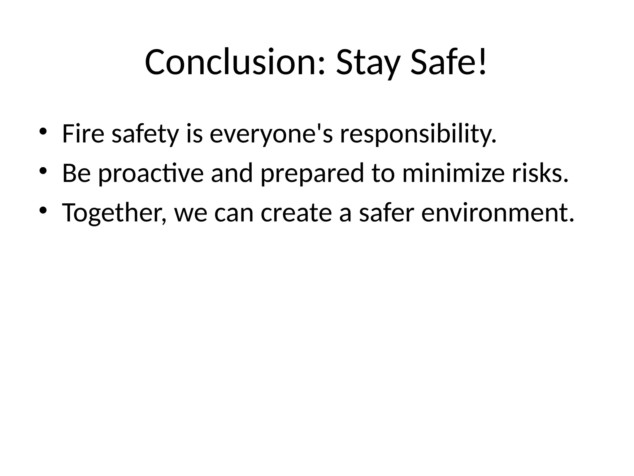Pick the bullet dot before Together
click(43, 210)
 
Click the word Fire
click(83, 134)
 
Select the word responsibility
click(418, 134)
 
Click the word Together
click(114, 213)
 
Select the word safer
click(386, 213)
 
